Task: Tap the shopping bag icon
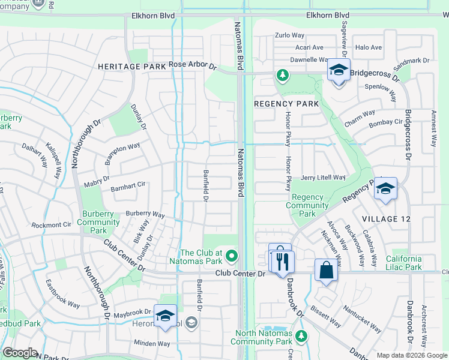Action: click(326, 269)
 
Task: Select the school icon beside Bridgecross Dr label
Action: click(339, 71)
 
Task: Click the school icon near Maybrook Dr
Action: click(165, 316)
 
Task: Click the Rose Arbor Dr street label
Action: click(192, 65)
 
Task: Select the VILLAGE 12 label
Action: click(387, 219)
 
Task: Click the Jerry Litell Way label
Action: click(323, 178)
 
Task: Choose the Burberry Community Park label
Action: click(98, 222)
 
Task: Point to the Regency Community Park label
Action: click(307, 205)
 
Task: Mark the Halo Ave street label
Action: click(368, 47)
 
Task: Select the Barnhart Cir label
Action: click(128, 187)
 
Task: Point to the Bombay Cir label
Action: click(385, 122)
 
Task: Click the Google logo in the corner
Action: click(20, 352)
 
